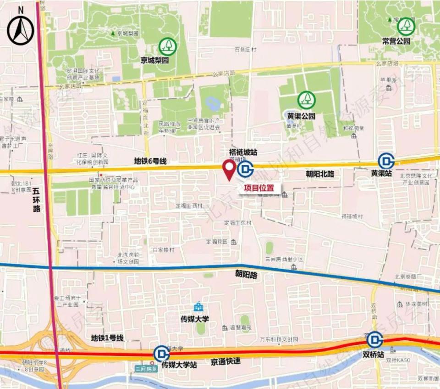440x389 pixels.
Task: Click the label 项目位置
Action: tap(259, 187)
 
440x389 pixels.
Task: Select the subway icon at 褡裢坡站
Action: tap(246, 169)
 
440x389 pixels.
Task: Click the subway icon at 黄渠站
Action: tap(386, 161)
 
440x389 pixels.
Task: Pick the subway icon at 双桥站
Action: tap(375, 340)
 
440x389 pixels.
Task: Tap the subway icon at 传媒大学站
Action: tap(161, 354)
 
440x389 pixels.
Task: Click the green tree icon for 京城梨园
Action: tap(167, 46)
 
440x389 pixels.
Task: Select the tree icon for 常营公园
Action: tap(406, 26)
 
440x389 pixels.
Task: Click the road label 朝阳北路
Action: tap(320, 175)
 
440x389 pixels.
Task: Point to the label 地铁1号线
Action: tap(107, 338)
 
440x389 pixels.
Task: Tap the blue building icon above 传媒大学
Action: tap(198, 307)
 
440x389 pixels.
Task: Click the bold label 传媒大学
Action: tap(195, 318)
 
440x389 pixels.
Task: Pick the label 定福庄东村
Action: tap(238, 223)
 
